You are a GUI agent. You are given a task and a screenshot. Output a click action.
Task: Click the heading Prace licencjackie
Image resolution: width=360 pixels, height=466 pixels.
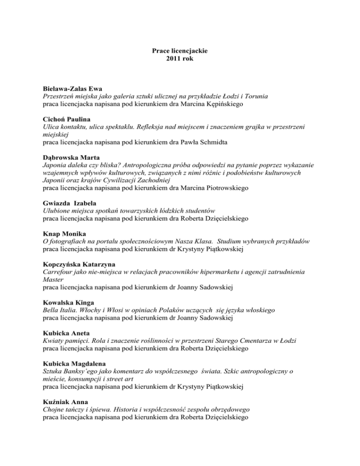click(180, 50)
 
